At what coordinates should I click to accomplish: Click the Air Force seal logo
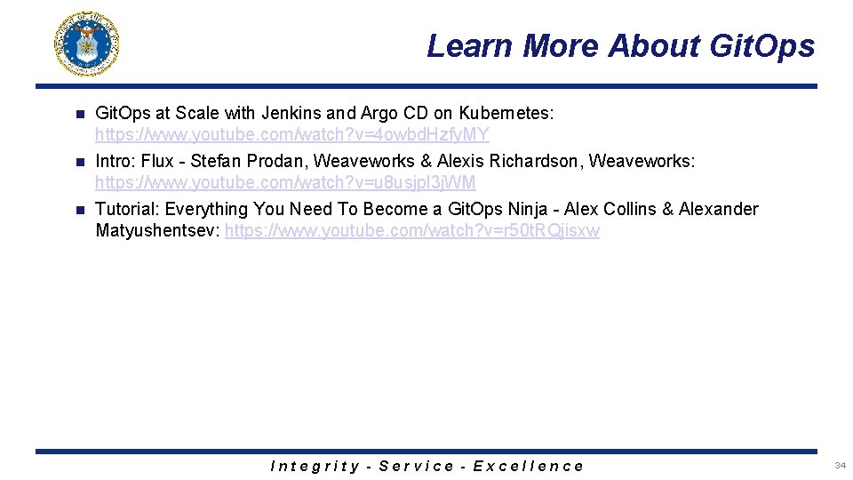click(x=86, y=44)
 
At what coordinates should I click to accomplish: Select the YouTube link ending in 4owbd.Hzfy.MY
click(x=291, y=134)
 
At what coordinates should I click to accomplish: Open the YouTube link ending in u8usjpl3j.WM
click(x=285, y=182)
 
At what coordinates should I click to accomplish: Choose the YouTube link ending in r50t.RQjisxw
click(x=412, y=230)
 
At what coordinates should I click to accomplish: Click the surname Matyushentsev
click(x=157, y=230)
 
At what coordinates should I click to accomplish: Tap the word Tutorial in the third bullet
click(x=125, y=209)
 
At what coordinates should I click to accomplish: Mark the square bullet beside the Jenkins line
click(x=78, y=114)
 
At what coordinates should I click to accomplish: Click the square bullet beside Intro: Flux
click(x=78, y=162)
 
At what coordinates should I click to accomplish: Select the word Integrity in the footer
click(x=315, y=466)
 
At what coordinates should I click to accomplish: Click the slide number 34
click(x=840, y=466)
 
